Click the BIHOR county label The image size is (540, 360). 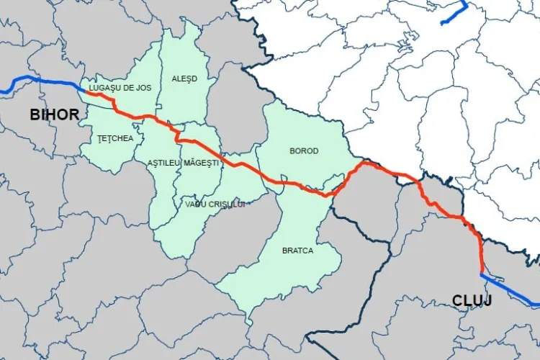pos(55,114)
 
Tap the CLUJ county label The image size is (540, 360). pos(472,300)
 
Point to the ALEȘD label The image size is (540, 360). pos(184,78)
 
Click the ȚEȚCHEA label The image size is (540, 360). pos(115,138)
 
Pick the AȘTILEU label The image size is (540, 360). pos(163,163)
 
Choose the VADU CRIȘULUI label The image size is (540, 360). pos(215,204)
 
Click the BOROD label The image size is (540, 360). pos(303,150)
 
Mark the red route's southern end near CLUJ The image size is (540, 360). pos(482,271)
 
